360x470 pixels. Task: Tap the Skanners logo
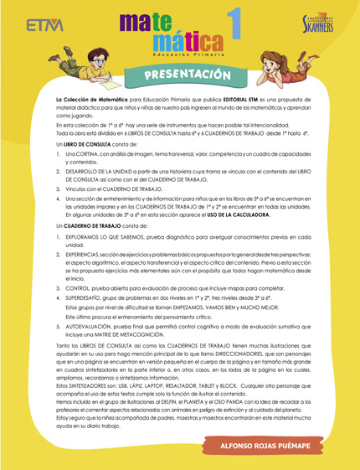tap(318, 25)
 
